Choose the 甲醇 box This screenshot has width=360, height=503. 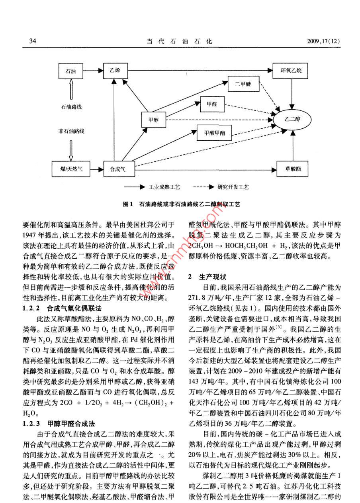153,119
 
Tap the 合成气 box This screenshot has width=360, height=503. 117,169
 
